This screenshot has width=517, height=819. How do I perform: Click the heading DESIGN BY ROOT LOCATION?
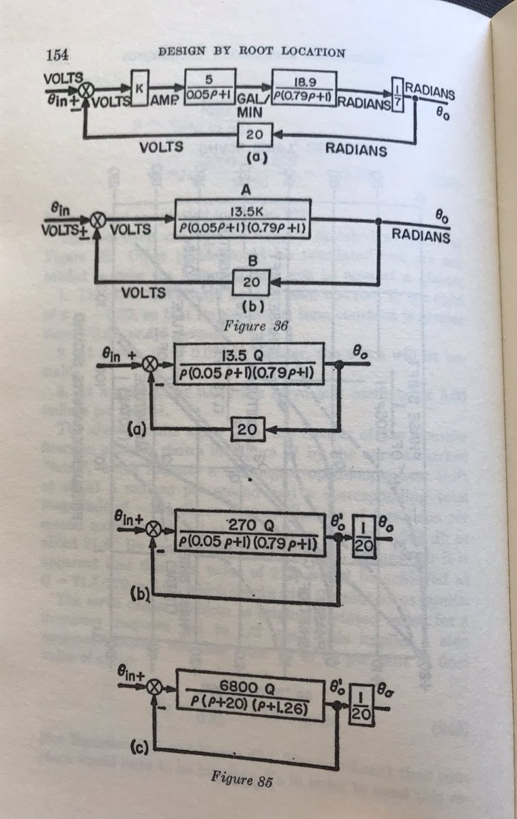tap(251, 52)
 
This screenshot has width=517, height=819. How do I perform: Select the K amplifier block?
tap(140, 91)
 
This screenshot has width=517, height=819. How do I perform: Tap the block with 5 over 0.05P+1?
tap(211, 86)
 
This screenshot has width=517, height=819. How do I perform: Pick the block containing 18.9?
tap(304, 87)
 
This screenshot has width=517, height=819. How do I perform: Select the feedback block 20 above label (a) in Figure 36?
tap(254, 134)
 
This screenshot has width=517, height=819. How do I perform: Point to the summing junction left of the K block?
tap(87, 89)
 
